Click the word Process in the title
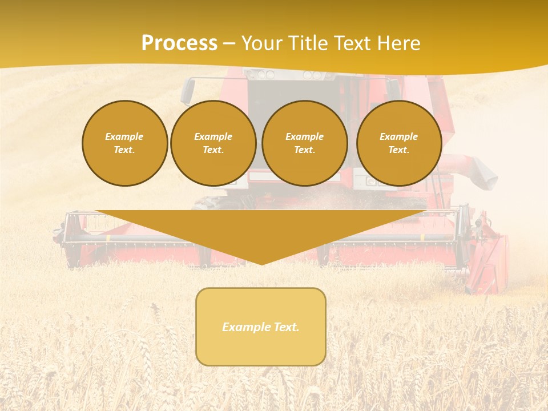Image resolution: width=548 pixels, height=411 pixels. (x=179, y=43)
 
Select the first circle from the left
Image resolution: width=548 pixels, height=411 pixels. (x=124, y=143)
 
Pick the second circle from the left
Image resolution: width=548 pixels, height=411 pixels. (x=213, y=143)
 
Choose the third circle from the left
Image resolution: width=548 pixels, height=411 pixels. (x=304, y=143)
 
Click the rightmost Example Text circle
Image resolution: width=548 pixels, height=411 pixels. (x=398, y=143)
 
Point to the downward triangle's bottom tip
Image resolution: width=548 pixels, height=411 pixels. (x=261, y=264)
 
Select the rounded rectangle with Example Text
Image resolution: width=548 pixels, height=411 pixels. (x=261, y=327)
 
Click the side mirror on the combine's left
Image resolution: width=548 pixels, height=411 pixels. (x=187, y=91)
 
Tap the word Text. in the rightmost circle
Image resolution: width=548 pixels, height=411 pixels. (x=398, y=150)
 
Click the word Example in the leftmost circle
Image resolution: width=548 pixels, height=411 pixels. (x=124, y=136)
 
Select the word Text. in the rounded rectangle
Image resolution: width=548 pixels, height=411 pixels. (x=286, y=327)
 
